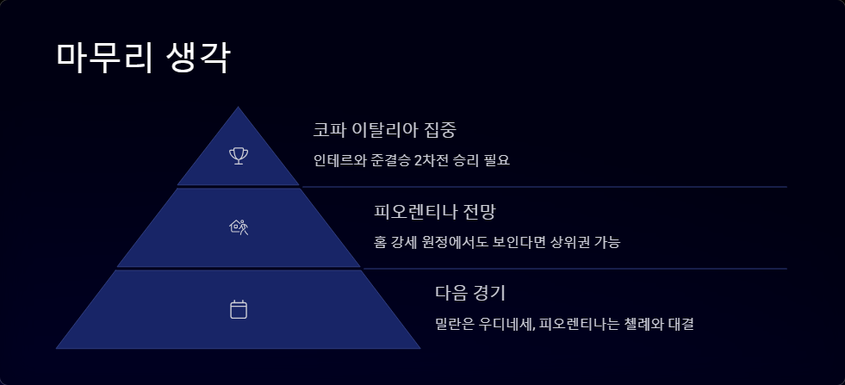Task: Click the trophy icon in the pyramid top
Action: tap(239, 156)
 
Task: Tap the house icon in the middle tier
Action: tap(239, 227)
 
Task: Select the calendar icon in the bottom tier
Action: tap(239, 309)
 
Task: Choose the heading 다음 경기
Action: tap(475, 292)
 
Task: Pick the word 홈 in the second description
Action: tap(381, 242)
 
